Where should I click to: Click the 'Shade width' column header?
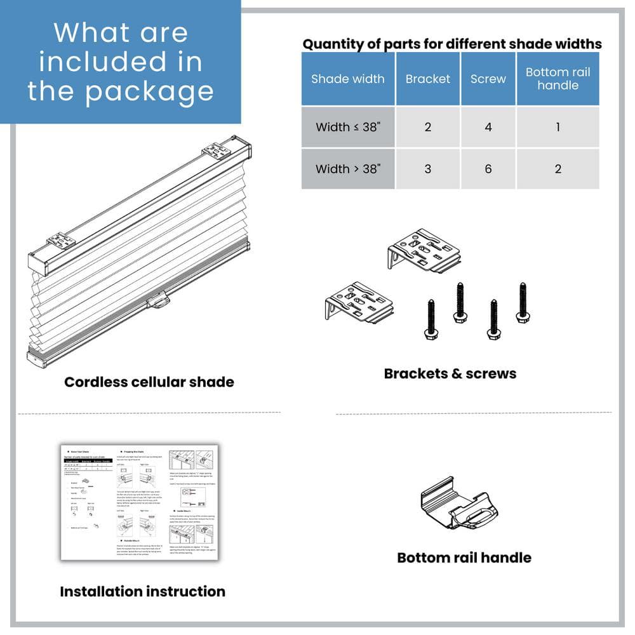347,79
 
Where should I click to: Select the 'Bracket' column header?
427,79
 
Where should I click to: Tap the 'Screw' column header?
488,79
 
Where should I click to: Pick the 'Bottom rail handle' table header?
558,79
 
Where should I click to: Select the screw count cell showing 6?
488,169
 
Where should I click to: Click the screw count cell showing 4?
488,127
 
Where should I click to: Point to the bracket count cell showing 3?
427,169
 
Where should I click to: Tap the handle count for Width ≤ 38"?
558,127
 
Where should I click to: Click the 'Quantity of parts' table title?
451,44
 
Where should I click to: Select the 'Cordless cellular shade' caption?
149,382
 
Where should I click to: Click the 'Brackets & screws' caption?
450,373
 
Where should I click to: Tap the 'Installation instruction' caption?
142,591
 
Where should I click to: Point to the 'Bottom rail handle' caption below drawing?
464,558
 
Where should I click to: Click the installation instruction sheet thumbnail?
139,502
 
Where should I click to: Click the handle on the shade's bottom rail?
157,299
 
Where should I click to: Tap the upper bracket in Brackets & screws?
424,251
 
